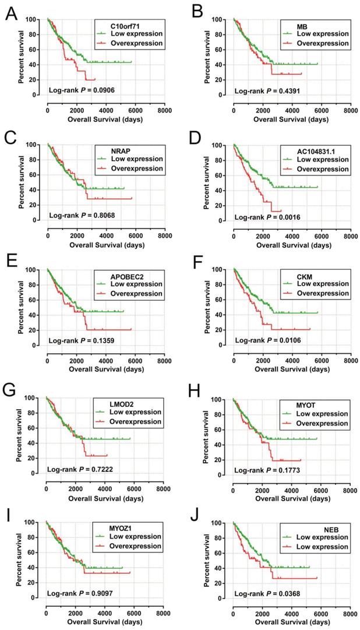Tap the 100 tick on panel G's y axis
point(36,398)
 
